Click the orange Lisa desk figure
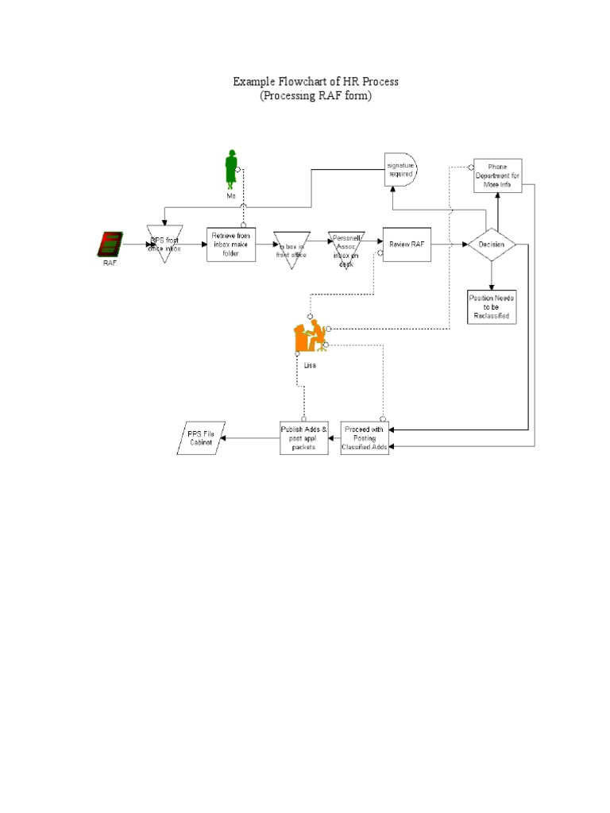(310, 337)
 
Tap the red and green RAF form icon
(110, 244)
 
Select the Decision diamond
(492, 245)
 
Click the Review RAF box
(407, 245)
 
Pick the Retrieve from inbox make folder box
(231, 244)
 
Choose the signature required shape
(400, 169)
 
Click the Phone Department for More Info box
(498, 175)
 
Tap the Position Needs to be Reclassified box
(492, 306)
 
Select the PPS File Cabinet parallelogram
(201, 437)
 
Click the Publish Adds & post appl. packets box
(303, 437)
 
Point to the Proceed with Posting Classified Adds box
(365, 437)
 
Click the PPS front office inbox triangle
(165, 241)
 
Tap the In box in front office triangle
(291, 246)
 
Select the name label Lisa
(310, 365)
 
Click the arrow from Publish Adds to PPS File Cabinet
(250, 437)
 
